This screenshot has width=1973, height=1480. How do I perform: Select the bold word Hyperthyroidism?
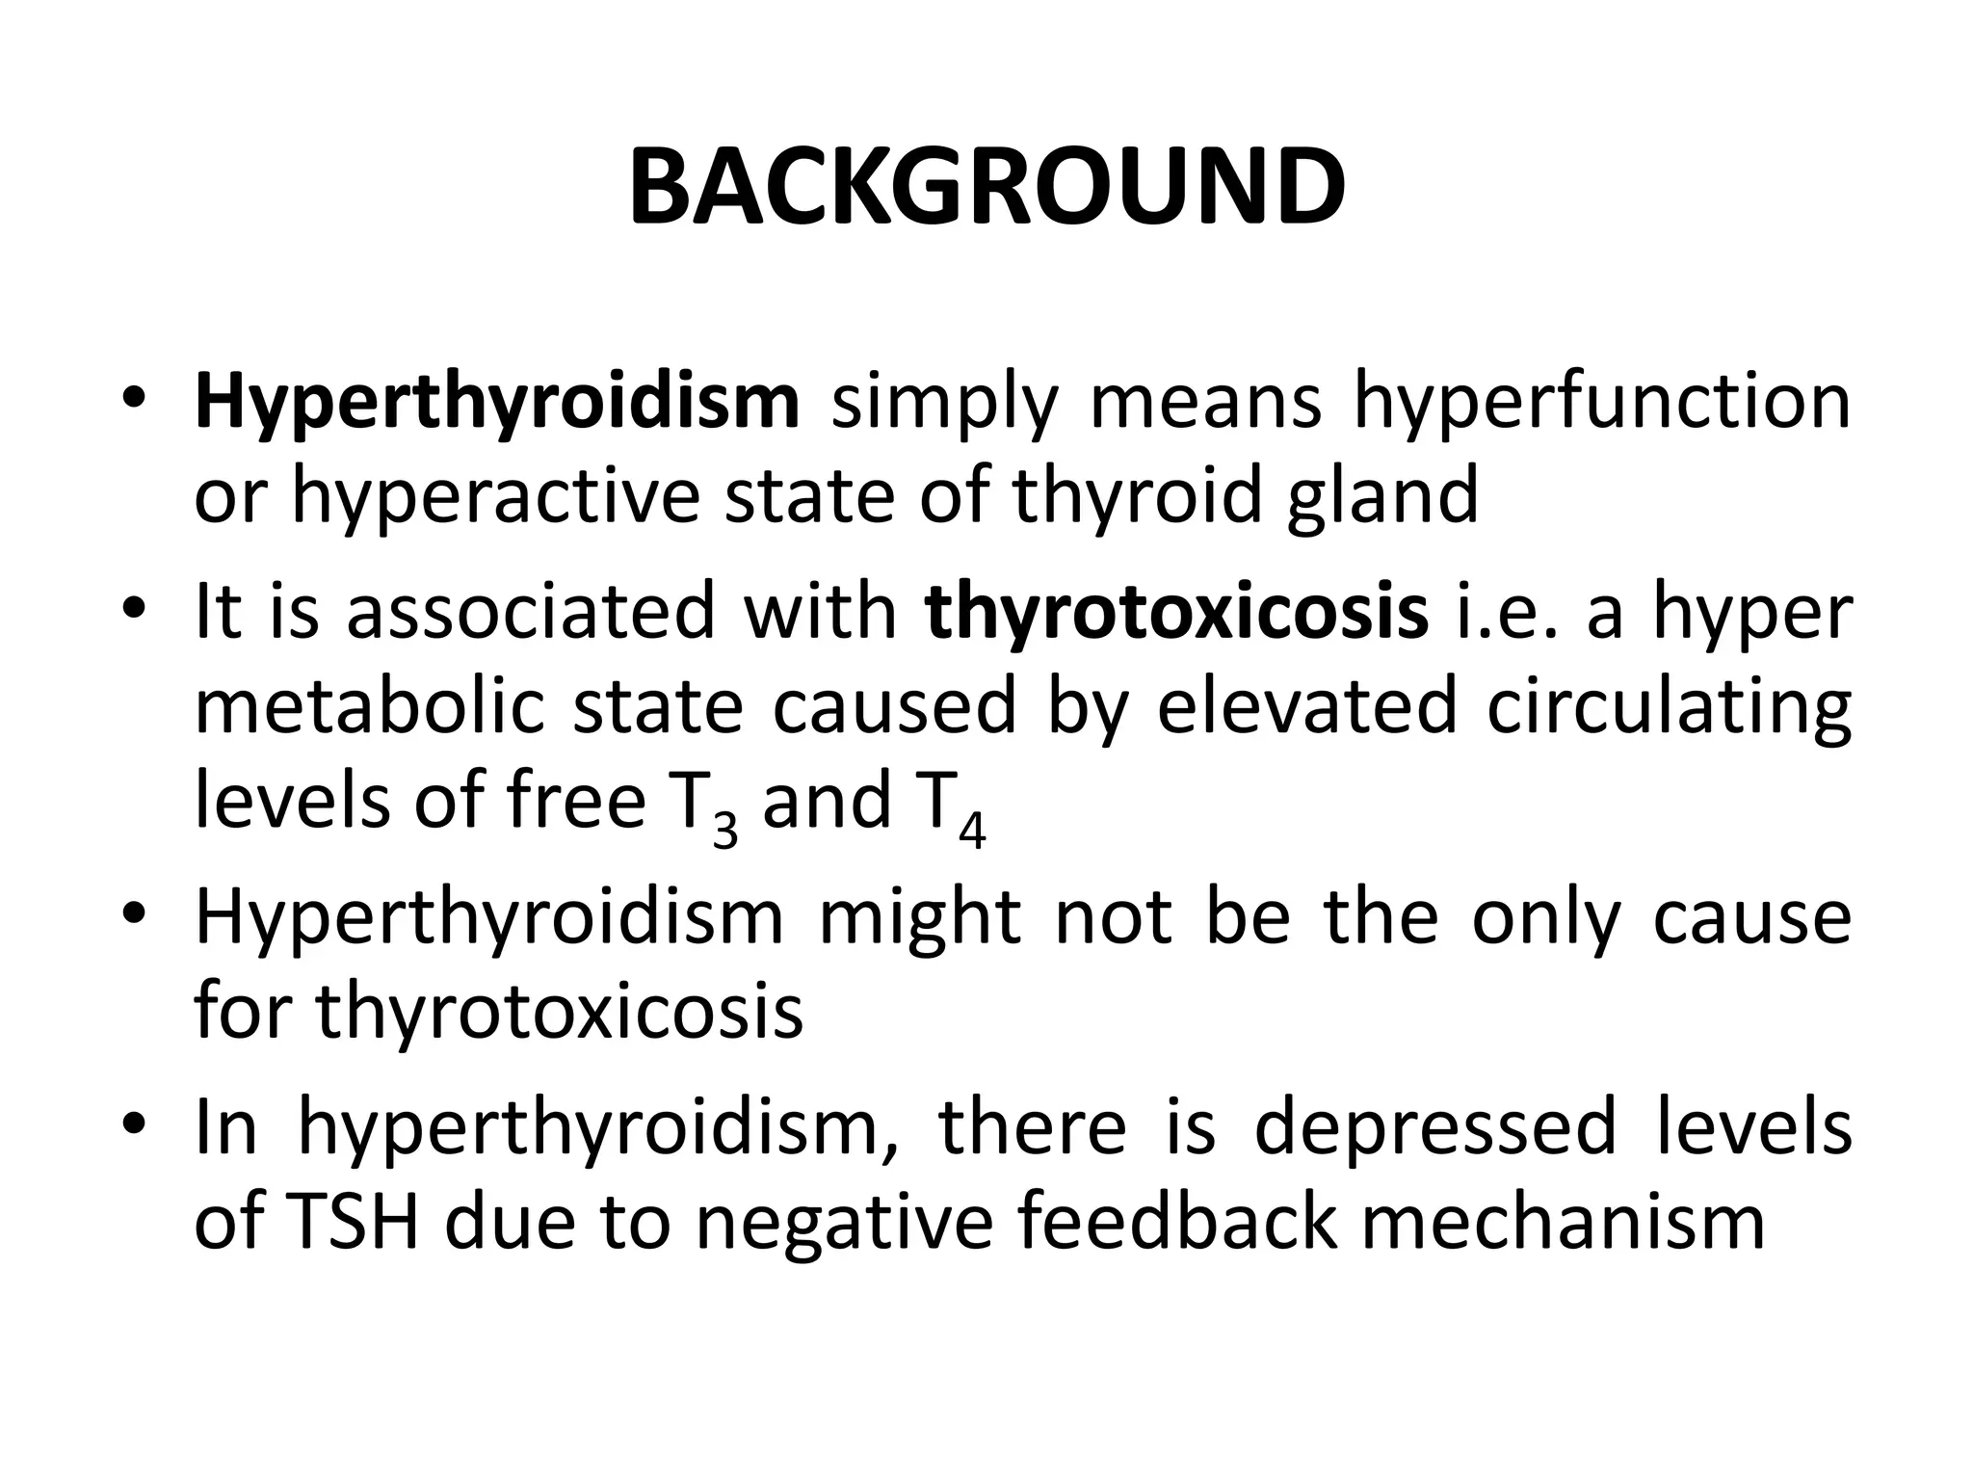pyautogui.click(x=497, y=402)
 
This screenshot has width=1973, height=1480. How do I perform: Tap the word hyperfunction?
pyautogui.click(x=1601, y=402)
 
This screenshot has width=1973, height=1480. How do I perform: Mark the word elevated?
pyautogui.click(x=1306, y=706)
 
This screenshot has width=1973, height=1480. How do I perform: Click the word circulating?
pyautogui.click(x=1669, y=706)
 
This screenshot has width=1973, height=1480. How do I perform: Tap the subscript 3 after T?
pyautogui.click(x=724, y=832)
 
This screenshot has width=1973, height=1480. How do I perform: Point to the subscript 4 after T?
pyautogui.click(x=972, y=832)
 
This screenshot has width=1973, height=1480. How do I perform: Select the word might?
pyautogui.click(x=919, y=917)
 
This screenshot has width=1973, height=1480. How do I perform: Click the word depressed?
pyautogui.click(x=1434, y=1127)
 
